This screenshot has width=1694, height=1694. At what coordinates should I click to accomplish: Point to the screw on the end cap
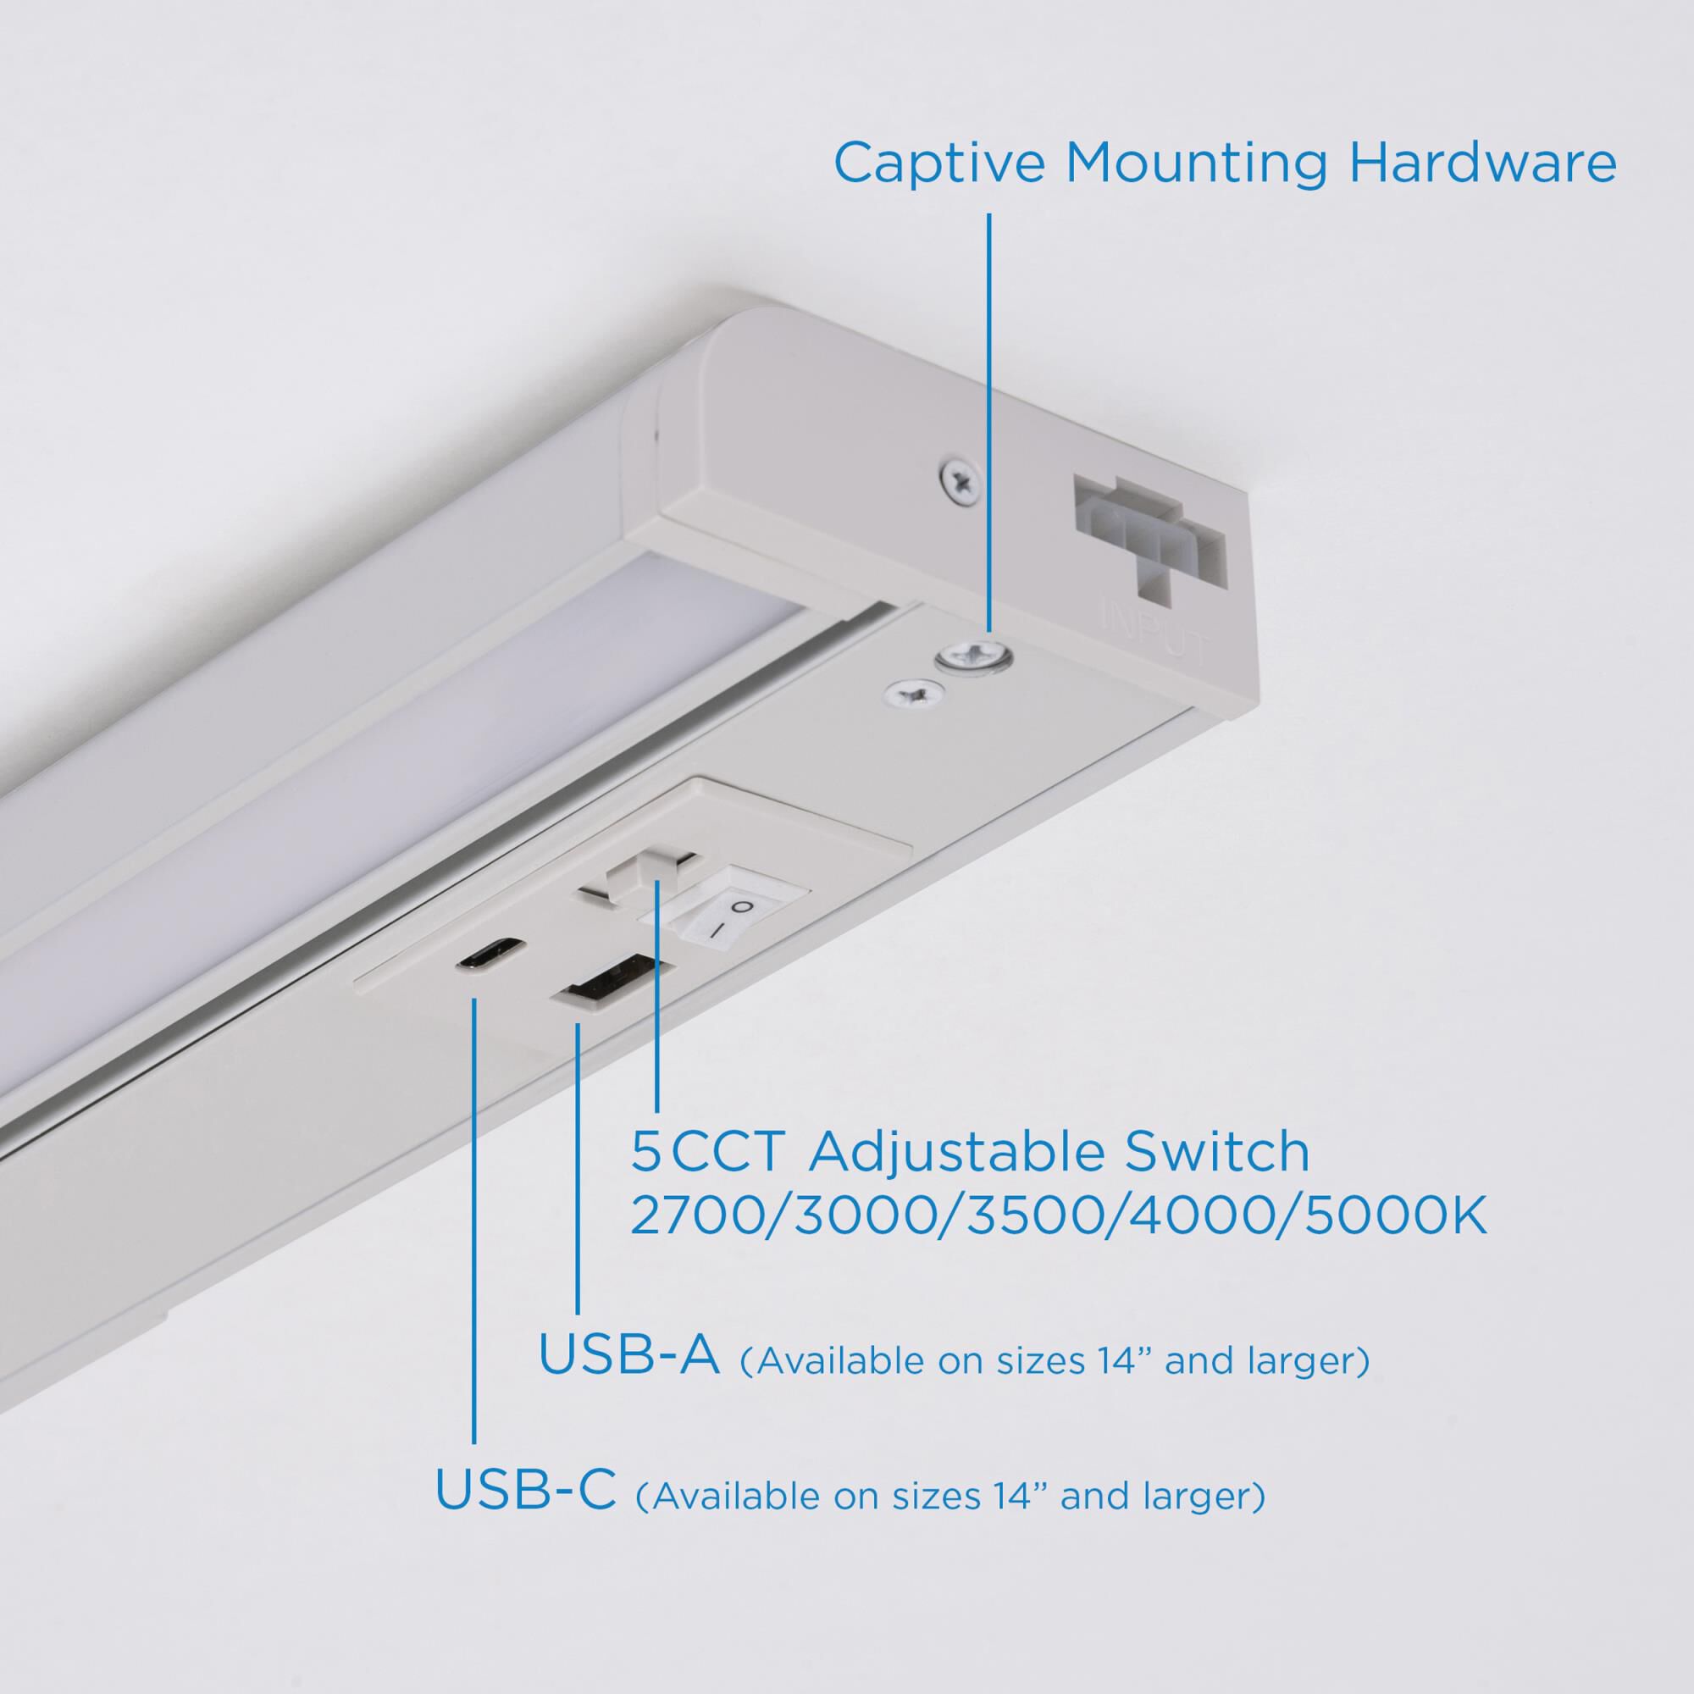pyautogui.click(x=960, y=479)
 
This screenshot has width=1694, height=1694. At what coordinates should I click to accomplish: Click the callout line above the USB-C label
pyautogui.click(x=474, y=1227)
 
